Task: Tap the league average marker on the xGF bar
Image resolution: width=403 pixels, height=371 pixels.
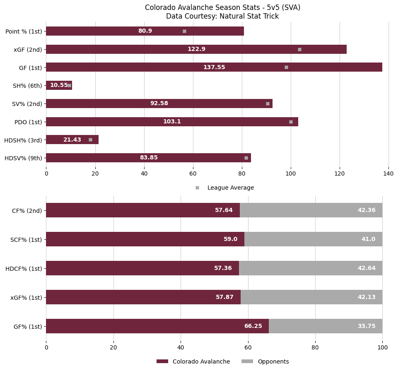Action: coord(299,49)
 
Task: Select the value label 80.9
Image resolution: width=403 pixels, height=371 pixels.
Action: coord(145,31)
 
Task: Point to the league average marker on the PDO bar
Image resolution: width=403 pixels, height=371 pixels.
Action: coord(291,122)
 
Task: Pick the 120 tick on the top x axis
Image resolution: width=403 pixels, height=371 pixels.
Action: coord(340,174)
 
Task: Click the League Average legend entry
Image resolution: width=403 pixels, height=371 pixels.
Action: coord(230,188)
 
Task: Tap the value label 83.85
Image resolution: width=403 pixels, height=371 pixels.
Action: coord(149,158)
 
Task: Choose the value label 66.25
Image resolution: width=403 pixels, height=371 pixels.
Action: coord(253,326)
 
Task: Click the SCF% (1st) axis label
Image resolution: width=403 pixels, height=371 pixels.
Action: coord(27,239)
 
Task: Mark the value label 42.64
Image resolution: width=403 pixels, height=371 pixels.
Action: coord(367,268)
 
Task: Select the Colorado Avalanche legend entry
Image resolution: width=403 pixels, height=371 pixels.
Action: coord(201,361)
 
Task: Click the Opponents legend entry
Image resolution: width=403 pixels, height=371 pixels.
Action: coord(273,361)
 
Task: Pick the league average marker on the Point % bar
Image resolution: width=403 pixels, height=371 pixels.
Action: coord(184,31)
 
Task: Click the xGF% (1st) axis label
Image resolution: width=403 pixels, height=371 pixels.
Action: coord(26,297)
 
